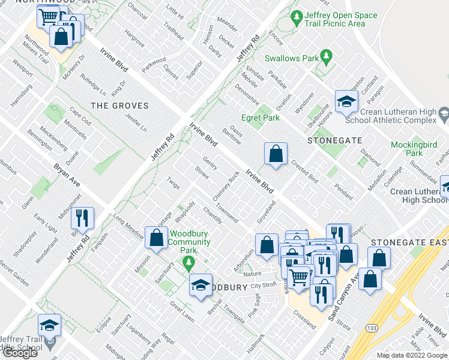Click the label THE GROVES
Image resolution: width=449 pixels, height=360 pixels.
click(x=119, y=106)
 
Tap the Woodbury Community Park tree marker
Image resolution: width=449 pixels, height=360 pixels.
click(x=188, y=262)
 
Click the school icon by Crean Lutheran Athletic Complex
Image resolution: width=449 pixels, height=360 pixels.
click(x=346, y=103)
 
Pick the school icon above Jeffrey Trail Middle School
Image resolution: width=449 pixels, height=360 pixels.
click(x=49, y=326)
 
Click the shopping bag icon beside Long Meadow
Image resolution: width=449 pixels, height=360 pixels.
click(x=156, y=238)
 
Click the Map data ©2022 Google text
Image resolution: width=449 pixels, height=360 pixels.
click(x=411, y=355)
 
